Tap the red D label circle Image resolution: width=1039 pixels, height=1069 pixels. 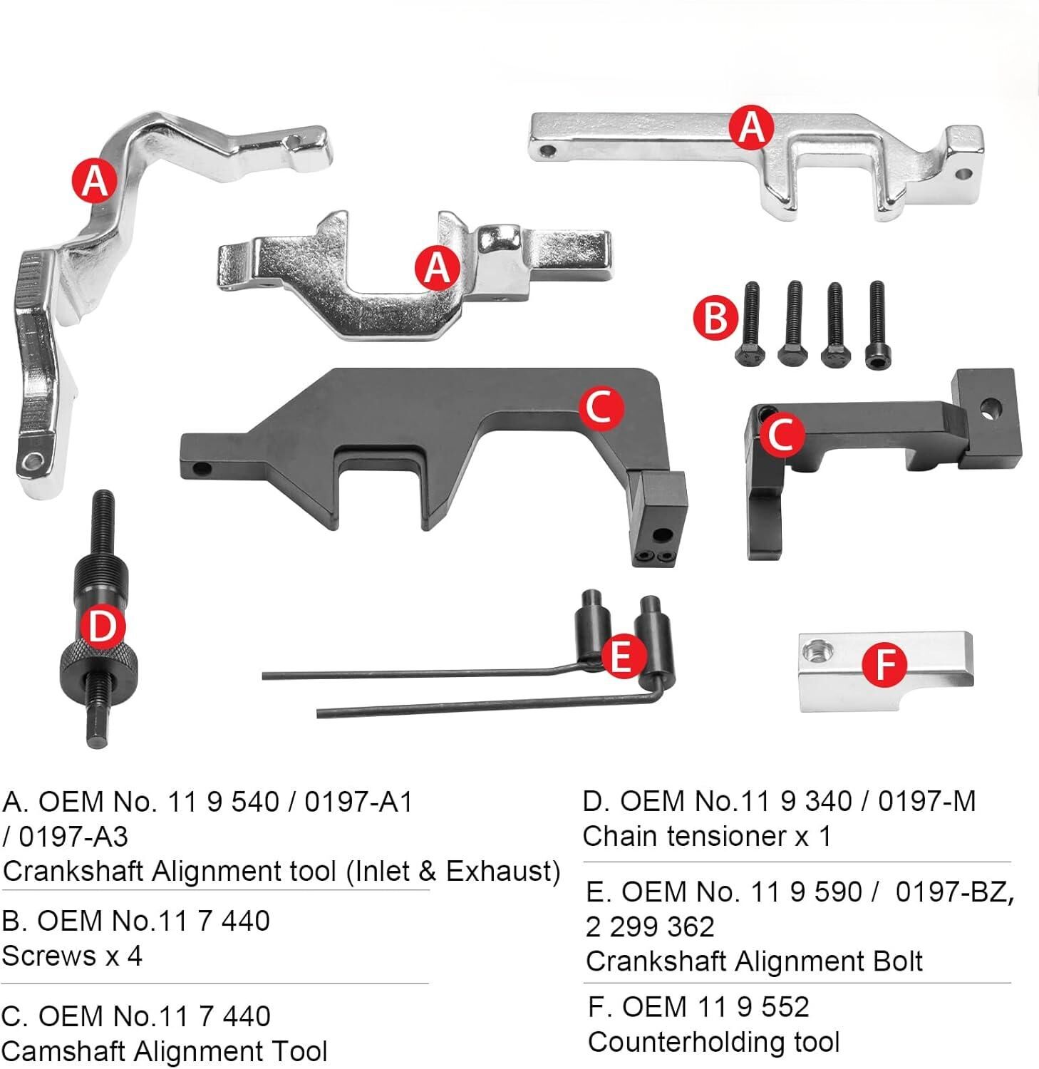(103, 627)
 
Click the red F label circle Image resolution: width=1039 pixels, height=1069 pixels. (884, 664)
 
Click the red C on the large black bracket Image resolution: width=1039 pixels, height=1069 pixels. (600, 408)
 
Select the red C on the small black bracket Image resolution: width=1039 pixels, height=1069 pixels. (782, 434)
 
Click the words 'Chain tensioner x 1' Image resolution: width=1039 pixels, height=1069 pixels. (706, 836)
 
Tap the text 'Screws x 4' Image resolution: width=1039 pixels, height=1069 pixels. (72, 956)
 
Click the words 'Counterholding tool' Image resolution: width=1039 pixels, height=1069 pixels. (714, 1042)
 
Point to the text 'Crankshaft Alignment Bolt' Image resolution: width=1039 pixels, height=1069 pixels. (754, 961)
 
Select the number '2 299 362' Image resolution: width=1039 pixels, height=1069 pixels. (649, 926)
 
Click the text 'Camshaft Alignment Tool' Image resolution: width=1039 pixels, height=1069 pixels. (165, 1051)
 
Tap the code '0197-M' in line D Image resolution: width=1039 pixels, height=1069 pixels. (926, 802)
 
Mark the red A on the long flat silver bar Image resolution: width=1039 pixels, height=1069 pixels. (751, 128)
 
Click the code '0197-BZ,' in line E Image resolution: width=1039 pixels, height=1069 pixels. (953, 892)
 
